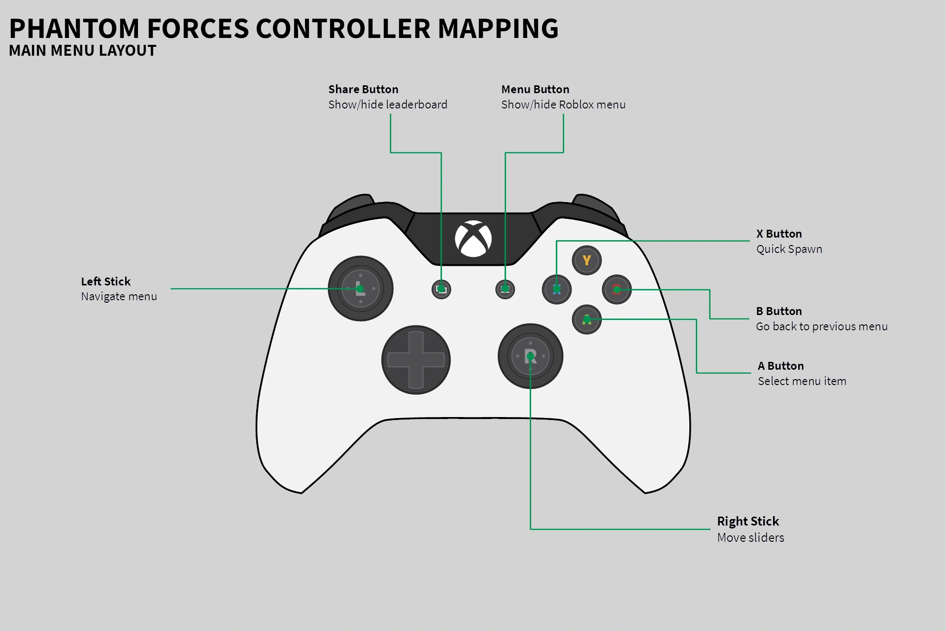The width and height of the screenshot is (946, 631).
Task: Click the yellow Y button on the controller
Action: pos(586,260)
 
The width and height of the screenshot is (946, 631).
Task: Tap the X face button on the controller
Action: pos(557,289)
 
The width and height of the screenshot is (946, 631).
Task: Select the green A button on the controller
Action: pos(586,319)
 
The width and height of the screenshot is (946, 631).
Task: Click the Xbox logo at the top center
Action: pos(473,239)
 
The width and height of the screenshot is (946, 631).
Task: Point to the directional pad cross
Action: pos(416,359)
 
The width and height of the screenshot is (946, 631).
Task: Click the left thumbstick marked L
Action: pos(360,288)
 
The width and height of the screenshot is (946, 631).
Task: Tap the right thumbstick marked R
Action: pos(530,356)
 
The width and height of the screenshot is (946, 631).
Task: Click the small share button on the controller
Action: pos(441,289)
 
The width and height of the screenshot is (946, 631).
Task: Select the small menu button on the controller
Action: pos(505,289)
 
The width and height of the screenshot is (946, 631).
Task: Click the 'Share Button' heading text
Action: pos(363,89)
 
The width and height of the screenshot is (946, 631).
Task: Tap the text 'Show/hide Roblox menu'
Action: pos(563,105)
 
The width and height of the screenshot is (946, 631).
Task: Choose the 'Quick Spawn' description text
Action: pos(789,249)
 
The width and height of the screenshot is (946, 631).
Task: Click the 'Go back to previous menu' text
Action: pos(821,326)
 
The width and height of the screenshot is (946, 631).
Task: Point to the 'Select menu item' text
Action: pos(802,381)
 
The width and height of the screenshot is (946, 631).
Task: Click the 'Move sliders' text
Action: pos(750,537)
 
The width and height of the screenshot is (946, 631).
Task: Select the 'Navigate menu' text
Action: pos(119,296)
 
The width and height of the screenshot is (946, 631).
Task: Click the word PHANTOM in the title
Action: pos(74,29)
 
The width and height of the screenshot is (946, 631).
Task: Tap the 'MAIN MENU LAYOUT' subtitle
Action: pos(82,50)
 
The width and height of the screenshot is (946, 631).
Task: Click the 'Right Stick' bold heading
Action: pos(747,521)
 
